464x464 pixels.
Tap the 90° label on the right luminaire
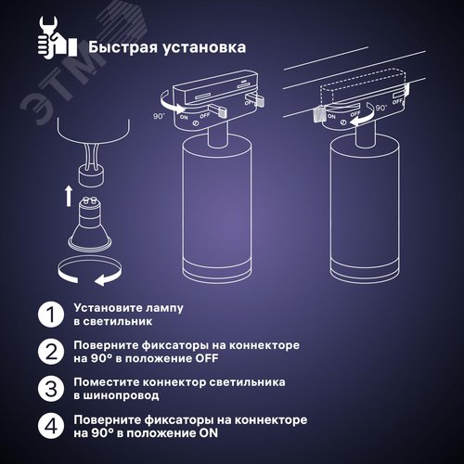382,109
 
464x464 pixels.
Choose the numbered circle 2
48,351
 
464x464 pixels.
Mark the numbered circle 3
48,388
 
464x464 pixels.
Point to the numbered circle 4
48,426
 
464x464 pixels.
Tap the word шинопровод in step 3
115,395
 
